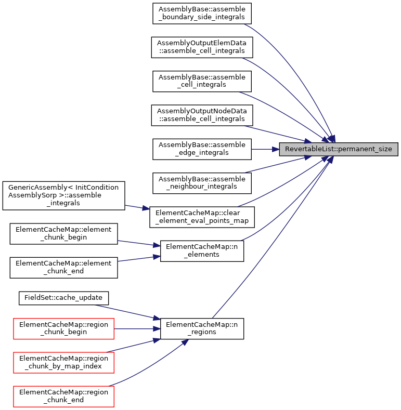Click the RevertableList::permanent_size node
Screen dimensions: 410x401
(339, 149)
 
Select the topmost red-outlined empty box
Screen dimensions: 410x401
(63, 329)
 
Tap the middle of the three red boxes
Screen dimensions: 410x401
(63, 363)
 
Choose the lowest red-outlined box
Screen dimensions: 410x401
(63, 396)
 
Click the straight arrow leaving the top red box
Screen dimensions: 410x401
(135, 329)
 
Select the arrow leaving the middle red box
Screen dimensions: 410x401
(133, 346)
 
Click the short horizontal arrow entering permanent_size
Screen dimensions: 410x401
(263, 149)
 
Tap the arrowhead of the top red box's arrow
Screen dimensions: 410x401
(157, 329)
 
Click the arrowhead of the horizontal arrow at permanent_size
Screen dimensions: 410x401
(276, 149)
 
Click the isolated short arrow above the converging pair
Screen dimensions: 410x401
(136, 207)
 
